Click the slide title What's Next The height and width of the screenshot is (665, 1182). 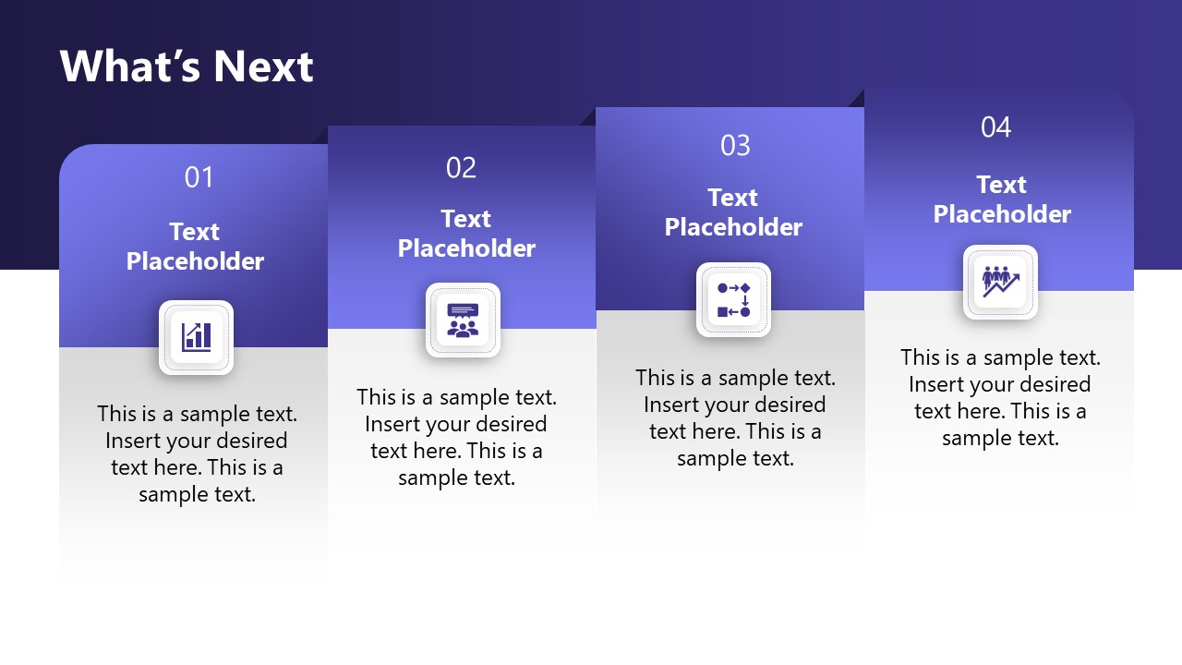pyautogui.click(x=187, y=66)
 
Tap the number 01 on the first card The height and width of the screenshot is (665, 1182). pyautogui.click(x=199, y=177)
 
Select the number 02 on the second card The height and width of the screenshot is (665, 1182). pyautogui.click(x=461, y=168)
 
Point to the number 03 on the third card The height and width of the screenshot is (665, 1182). pyautogui.click(x=735, y=145)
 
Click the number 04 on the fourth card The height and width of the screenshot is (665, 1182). pyautogui.click(x=995, y=127)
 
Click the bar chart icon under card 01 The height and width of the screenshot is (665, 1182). pyautogui.click(x=197, y=337)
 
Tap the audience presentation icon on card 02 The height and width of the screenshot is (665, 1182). pyautogui.click(x=463, y=320)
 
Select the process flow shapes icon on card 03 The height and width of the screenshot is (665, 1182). pyautogui.click(x=733, y=300)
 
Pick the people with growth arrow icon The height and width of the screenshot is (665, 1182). pyautogui.click(x=1000, y=282)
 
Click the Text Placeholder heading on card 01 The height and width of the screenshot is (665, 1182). pyautogui.click(x=195, y=247)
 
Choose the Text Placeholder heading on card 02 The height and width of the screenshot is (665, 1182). pyautogui.click(x=466, y=234)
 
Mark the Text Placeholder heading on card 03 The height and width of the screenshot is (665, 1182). pyautogui.click(x=733, y=212)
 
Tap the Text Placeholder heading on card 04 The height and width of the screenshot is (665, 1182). pyautogui.click(x=1002, y=199)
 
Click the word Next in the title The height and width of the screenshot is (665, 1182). pyautogui.click(x=263, y=66)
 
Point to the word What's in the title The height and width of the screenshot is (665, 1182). pyautogui.click(x=130, y=66)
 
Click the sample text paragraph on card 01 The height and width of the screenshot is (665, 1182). pyautogui.click(x=197, y=454)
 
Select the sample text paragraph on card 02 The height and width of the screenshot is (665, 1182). pyautogui.click(x=456, y=438)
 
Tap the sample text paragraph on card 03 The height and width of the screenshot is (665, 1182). pyautogui.click(x=735, y=418)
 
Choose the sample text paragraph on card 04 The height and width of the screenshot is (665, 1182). pyautogui.click(x=1000, y=398)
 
